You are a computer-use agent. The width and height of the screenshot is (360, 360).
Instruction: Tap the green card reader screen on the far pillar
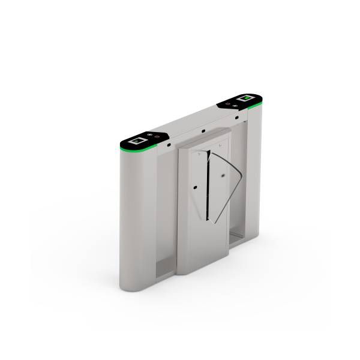pyautogui.click(x=244, y=97)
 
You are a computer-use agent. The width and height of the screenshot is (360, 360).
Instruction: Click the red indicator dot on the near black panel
pyautogui.click(x=157, y=137)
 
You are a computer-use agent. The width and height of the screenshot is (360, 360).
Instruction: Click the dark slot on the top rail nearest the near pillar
pyautogui.click(x=170, y=144)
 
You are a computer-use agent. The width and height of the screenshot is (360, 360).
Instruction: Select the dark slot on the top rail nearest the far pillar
pyautogui.click(x=236, y=117)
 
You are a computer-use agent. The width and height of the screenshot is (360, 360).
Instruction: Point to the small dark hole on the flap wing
pyautogui.click(x=222, y=175)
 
